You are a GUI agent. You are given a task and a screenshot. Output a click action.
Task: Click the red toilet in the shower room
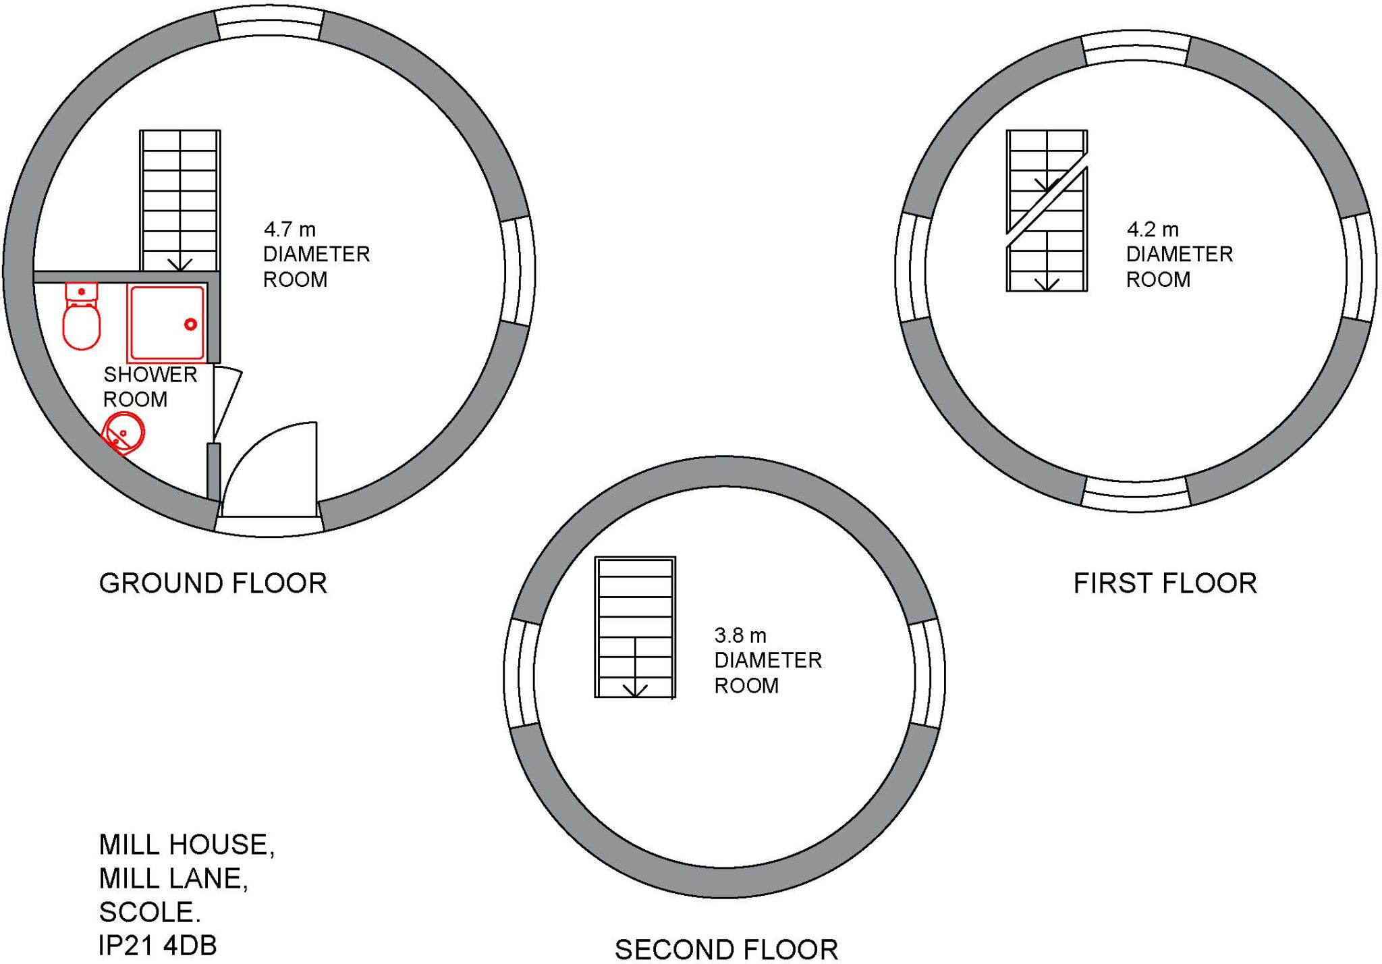(x=82, y=316)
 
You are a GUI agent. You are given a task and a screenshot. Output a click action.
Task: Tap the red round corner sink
(x=123, y=432)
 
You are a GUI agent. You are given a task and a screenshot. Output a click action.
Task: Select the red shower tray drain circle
(x=190, y=325)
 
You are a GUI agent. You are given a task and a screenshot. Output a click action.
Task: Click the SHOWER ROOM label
(x=150, y=387)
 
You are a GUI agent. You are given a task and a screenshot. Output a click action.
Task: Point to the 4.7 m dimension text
(x=289, y=230)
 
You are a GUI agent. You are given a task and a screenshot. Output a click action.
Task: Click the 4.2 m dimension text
(x=1153, y=230)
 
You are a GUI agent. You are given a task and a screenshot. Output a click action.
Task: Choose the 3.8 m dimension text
(x=740, y=635)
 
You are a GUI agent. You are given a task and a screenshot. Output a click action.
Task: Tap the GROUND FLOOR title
(x=213, y=583)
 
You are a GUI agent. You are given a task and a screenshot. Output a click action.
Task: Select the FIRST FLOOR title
(x=1165, y=583)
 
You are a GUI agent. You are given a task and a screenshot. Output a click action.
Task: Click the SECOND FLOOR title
(x=727, y=949)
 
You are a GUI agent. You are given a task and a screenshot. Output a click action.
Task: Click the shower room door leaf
(x=227, y=403)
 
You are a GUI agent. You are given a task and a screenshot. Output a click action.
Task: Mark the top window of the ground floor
(x=269, y=24)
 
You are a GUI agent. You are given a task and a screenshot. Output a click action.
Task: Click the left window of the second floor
(x=522, y=674)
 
